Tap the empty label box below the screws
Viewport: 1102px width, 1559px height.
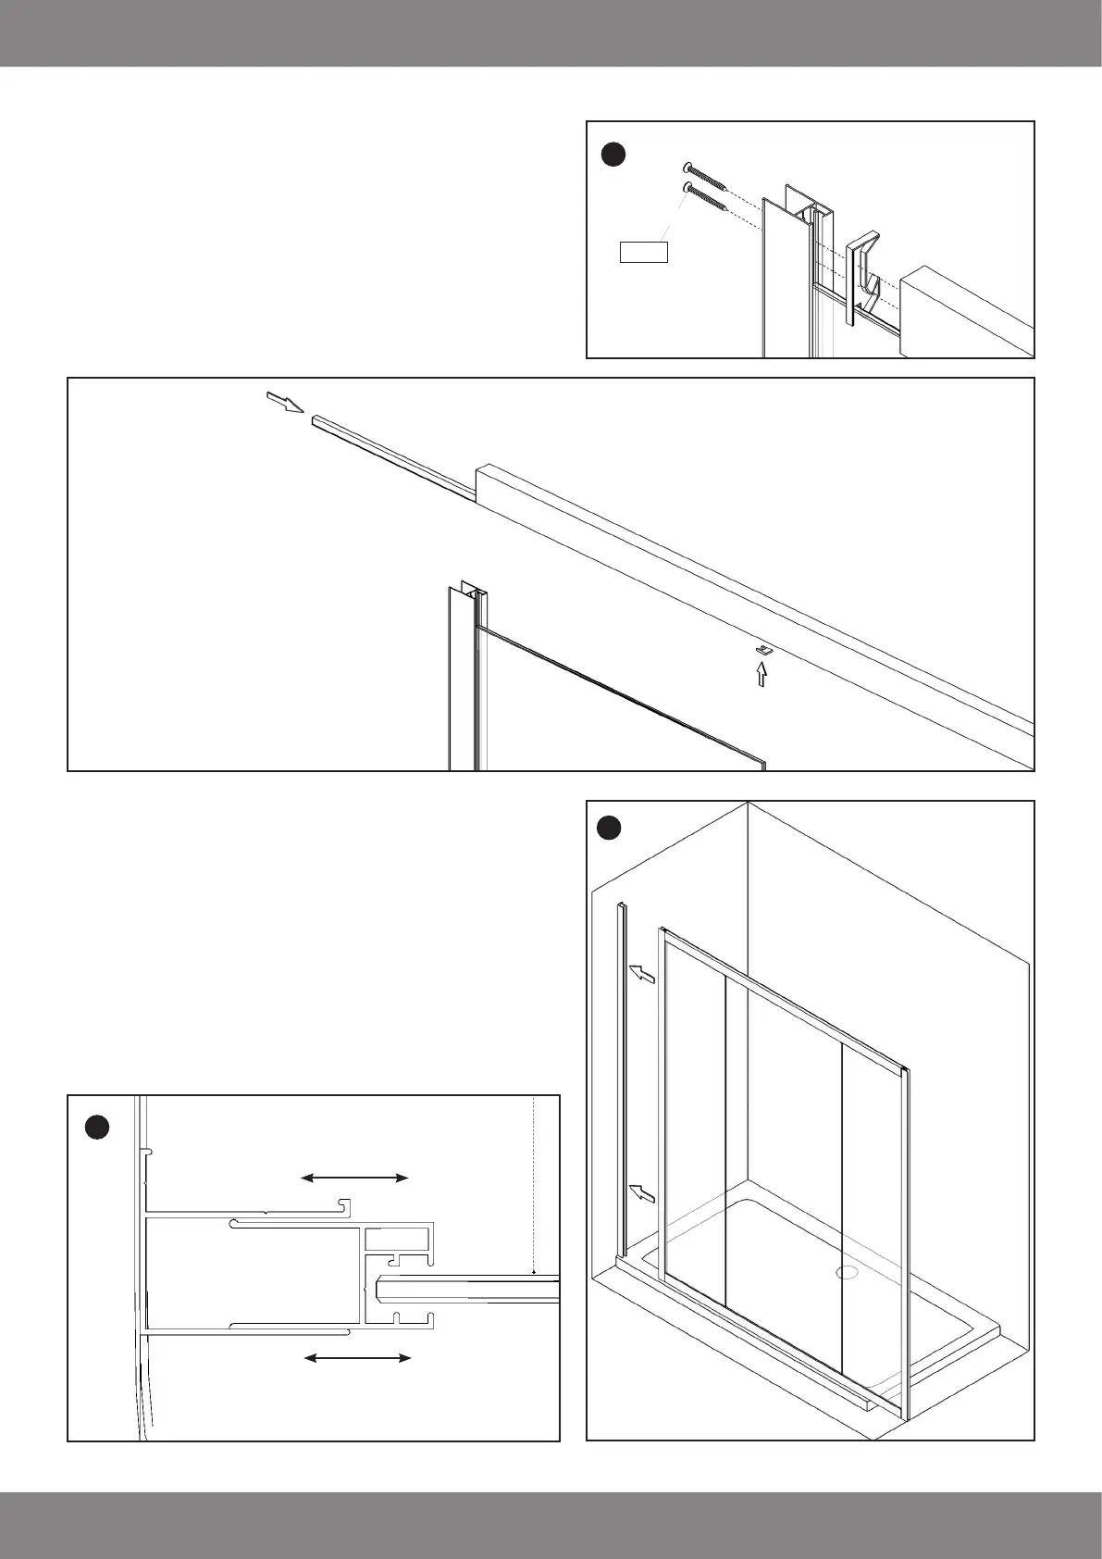643,251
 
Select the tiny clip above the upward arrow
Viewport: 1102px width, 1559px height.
764,651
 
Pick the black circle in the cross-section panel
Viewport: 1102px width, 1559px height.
97,1128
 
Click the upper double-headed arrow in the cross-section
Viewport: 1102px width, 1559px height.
355,1178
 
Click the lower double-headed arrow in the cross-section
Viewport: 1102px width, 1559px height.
358,1357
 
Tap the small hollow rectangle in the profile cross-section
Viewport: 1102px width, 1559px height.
398,1241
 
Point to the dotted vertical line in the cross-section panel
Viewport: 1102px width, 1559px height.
535,1185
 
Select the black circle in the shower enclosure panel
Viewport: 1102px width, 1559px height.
608,827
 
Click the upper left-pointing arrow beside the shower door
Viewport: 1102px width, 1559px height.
642,974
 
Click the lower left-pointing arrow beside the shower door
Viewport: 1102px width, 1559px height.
642,1194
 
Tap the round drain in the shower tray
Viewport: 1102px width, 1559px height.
848,1272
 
